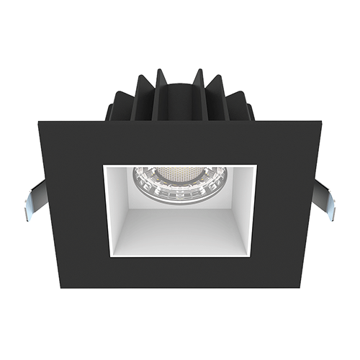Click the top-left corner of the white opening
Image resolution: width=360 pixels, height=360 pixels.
(104, 165)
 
